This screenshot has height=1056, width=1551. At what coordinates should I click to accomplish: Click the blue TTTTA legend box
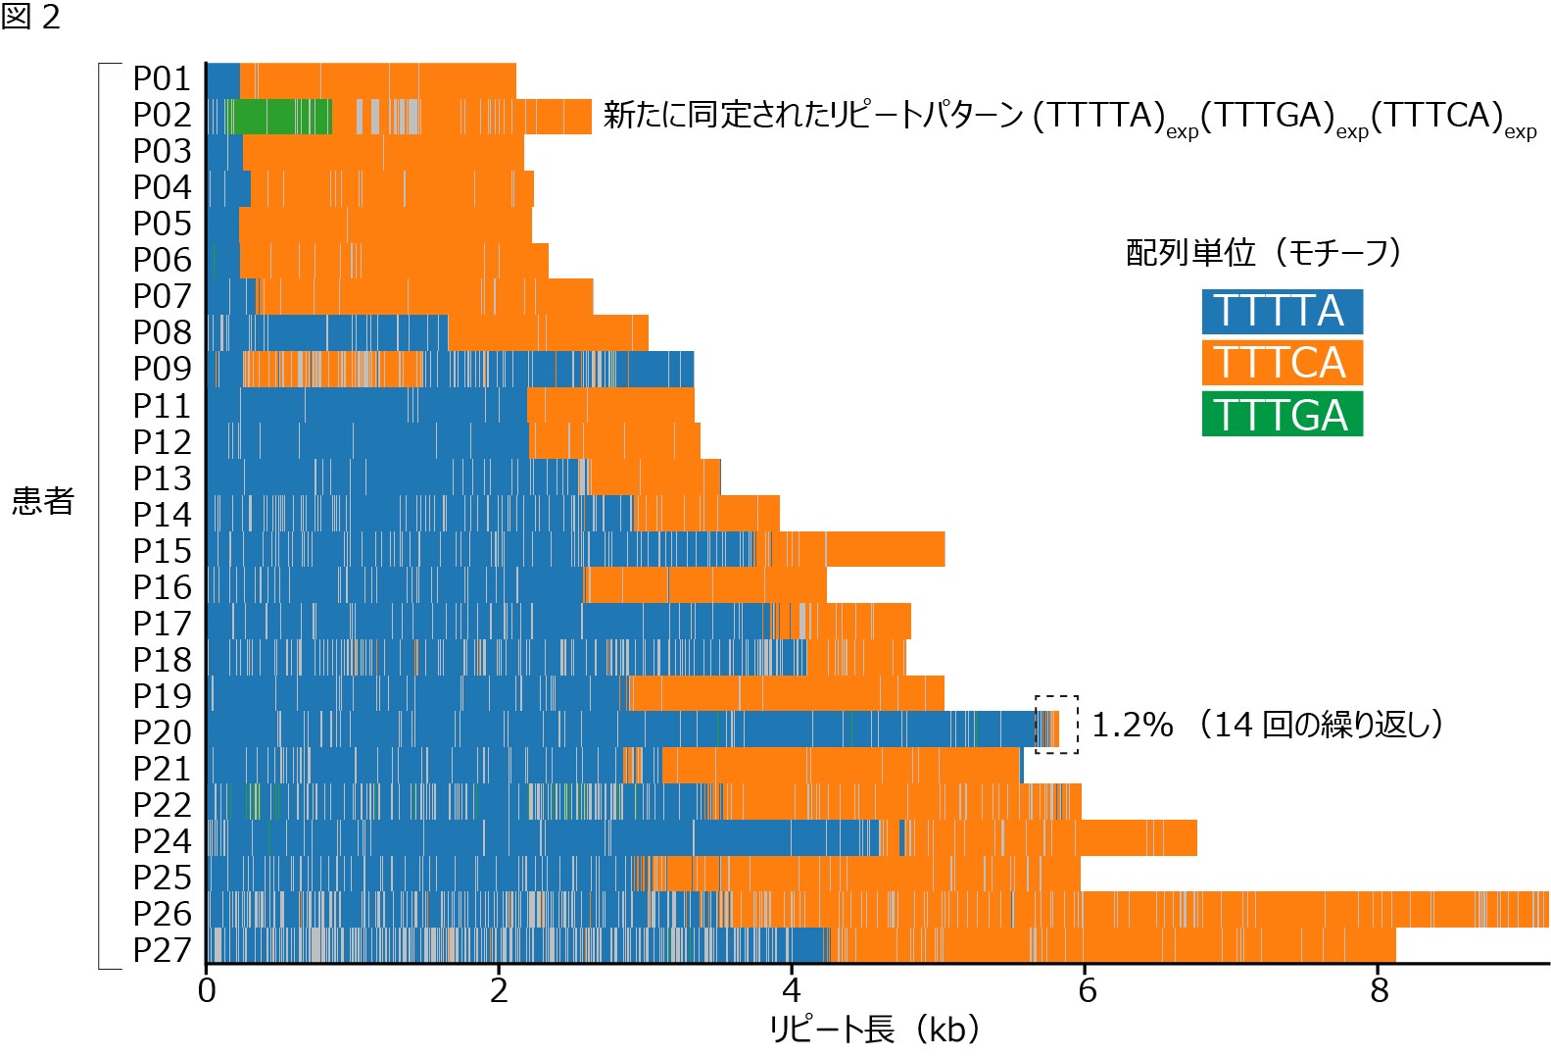1282,312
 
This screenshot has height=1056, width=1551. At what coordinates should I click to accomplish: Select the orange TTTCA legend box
1282,363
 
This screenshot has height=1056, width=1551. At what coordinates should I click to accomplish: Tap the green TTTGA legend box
1282,415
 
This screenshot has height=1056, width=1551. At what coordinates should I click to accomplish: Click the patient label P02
162,116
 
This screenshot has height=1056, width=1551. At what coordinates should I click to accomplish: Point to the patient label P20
162,732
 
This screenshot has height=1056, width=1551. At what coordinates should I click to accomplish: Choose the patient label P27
162,950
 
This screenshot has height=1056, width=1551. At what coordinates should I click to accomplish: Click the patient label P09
162,370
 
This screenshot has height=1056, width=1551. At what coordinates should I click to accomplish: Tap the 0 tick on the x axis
207,990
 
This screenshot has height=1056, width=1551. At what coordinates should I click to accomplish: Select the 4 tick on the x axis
792,990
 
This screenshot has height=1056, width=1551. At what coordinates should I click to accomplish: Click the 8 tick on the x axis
1379,990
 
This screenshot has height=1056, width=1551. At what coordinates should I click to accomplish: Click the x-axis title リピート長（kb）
874,1030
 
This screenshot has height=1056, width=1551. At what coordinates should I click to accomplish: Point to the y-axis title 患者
43,501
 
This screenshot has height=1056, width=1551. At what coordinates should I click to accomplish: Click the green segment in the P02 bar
279,117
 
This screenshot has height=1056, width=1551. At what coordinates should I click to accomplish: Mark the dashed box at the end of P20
1057,725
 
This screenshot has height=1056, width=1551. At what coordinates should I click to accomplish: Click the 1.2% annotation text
1132,726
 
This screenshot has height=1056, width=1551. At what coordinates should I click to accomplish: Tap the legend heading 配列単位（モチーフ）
1263,253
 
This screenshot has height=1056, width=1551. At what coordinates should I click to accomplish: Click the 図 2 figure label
31,17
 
